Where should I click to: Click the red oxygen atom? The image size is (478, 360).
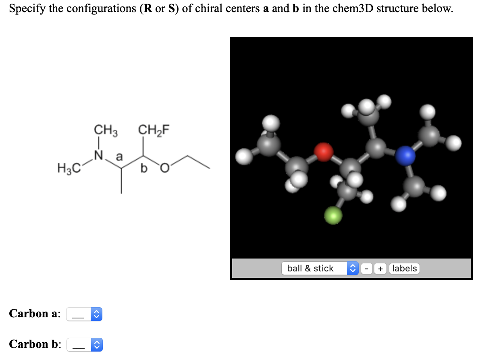pos(324,152)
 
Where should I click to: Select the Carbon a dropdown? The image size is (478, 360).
pos(85,314)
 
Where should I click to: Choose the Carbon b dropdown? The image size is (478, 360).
pos(85,345)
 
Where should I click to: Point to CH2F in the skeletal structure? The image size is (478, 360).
pos(154,130)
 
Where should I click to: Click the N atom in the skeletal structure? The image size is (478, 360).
pos(98,154)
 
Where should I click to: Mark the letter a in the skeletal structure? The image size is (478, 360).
pos(119,156)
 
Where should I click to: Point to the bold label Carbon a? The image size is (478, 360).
pos(35,313)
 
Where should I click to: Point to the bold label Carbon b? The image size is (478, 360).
pos(35,344)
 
